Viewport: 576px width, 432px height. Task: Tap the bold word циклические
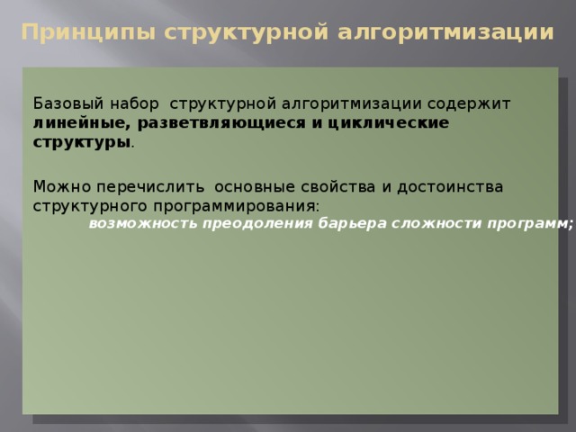coord(388,123)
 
